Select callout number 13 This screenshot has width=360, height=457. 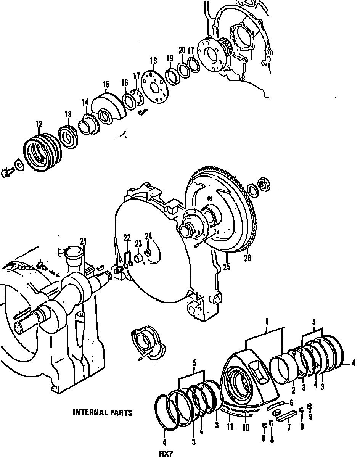pyautogui.click(x=67, y=114)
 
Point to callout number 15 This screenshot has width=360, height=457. pyautogui.click(x=106, y=84)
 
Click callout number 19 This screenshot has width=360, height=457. pyautogui.click(x=169, y=58)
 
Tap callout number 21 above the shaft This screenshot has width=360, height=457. pyautogui.click(x=83, y=241)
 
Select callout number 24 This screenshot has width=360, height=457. pyautogui.click(x=148, y=237)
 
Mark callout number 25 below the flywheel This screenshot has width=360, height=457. pyautogui.click(x=227, y=267)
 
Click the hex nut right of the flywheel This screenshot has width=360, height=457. pyautogui.click(x=263, y=183)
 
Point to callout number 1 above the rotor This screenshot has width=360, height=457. pyautogui.click(x=267, y=321)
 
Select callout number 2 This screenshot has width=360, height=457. pyautogui.click(x=293, y=391)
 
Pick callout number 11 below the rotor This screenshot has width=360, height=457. pyautogui.click(x=230, y=427)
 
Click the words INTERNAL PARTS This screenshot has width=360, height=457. pyautogui.click(x=102, y=412)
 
